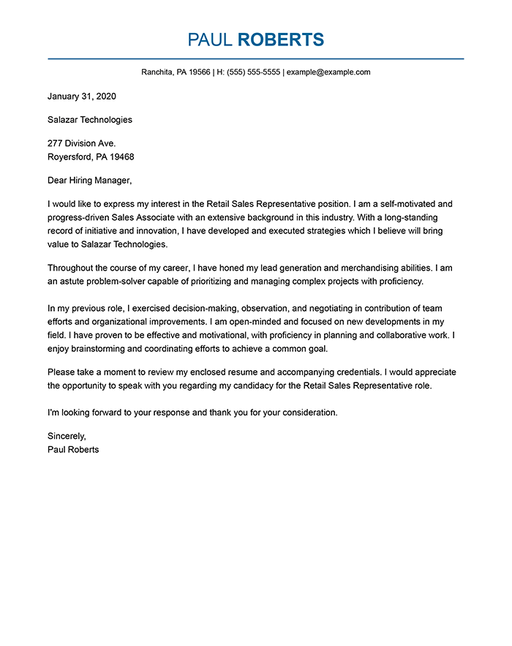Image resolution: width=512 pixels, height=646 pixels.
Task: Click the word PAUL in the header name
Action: (x=210, y=40)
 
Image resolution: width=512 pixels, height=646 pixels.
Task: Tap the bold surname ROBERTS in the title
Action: (x=281, y=40)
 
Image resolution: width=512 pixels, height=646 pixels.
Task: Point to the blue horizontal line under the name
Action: (x=256, y=59)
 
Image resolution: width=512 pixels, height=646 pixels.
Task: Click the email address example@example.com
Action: (x=329, y=72)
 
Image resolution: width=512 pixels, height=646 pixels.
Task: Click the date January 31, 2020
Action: (x=82, y=96)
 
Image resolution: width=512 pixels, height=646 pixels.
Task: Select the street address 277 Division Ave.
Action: (x=81, y=143)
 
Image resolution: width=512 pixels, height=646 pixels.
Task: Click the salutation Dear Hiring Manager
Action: (x=90, y=180)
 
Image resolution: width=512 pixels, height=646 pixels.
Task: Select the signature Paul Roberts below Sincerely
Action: (x=73, y=449)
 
